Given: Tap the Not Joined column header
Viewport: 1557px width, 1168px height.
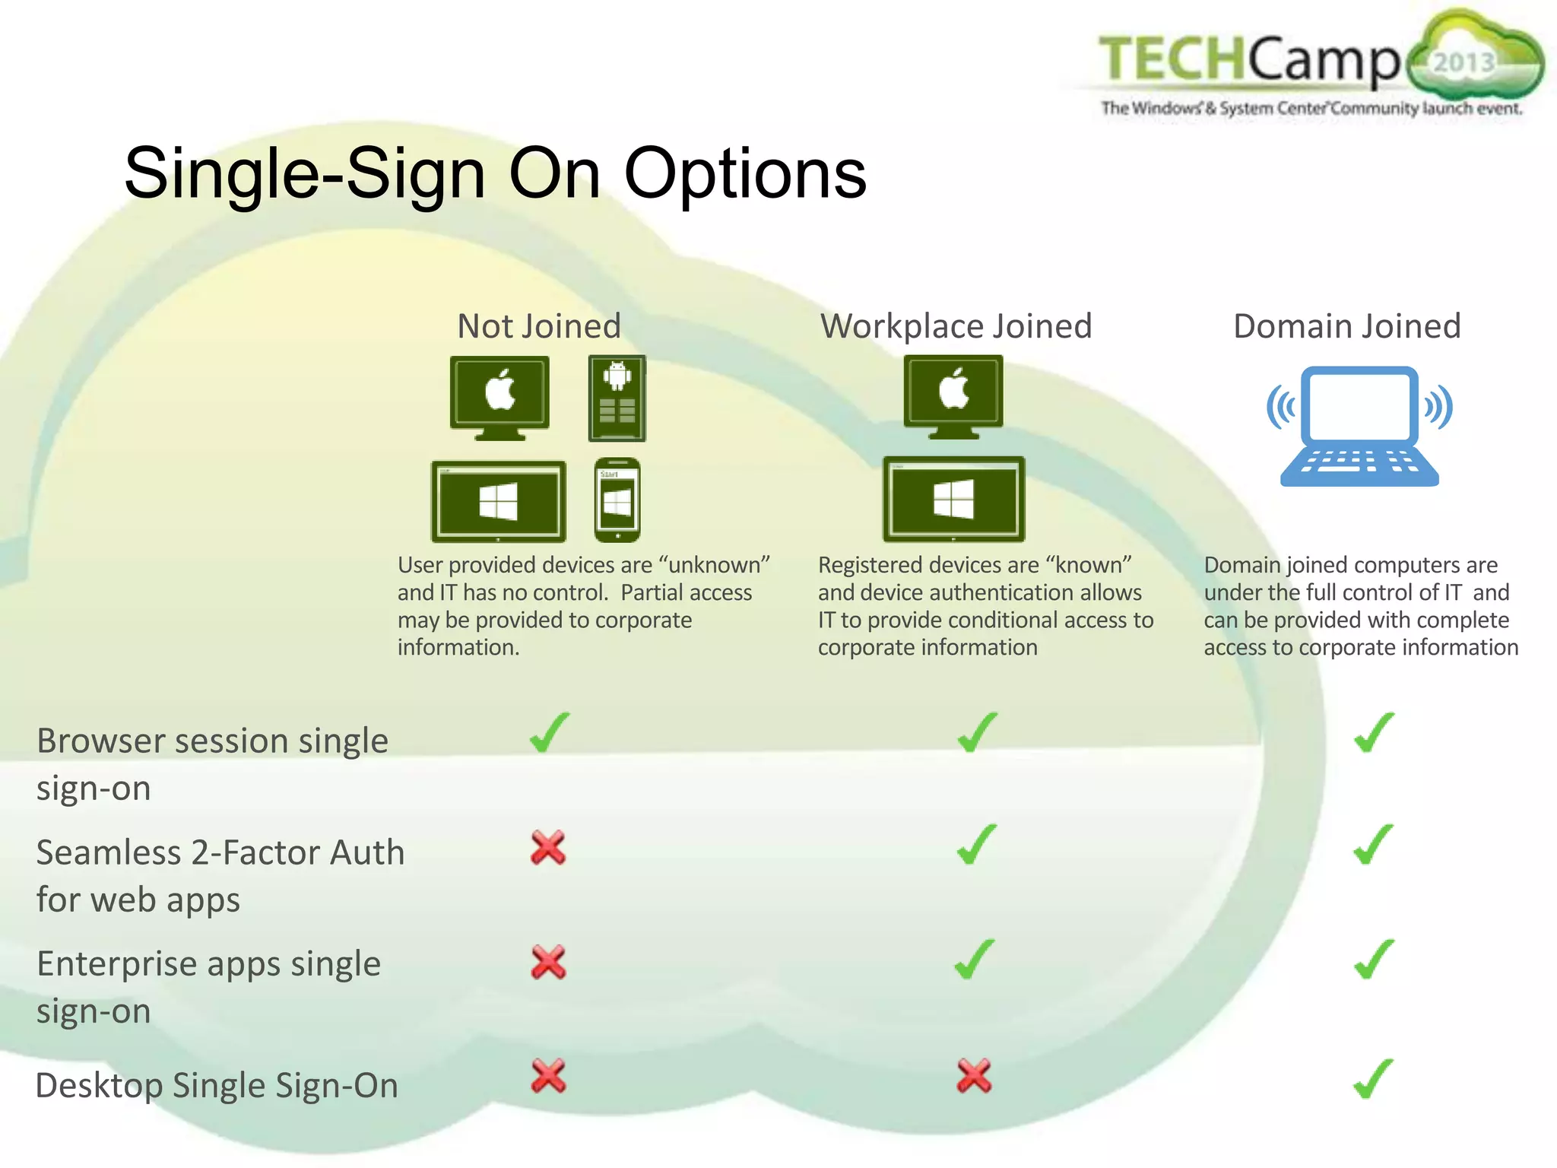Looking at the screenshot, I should pos(539,326).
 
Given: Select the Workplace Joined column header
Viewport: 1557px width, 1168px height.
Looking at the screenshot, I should pos(956,326).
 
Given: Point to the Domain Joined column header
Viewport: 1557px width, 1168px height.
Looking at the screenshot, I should pos(1346,326).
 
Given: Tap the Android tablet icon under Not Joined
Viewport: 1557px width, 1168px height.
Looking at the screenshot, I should pos(617,398).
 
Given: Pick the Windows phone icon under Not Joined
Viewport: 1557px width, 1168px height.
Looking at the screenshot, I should pos(617,500).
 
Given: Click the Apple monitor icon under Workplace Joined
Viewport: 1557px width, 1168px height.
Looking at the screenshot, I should pos(953,395).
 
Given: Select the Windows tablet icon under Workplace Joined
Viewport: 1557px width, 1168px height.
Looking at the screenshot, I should pos(953,499).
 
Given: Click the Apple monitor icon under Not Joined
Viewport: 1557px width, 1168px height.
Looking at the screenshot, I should pos(499,395).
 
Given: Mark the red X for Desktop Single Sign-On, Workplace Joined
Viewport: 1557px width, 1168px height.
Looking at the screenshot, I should pos(974,1075).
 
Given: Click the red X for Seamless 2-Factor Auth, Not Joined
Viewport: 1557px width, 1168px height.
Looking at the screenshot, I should pos(548,848).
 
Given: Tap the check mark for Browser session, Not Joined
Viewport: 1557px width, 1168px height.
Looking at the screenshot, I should pos(549,732).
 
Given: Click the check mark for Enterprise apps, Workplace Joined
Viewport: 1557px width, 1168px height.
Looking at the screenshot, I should pos(975,960).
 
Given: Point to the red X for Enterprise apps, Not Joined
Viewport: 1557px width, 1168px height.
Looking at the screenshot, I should pos(548,962).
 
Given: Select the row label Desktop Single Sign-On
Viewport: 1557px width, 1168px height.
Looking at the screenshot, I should pos(217,1085).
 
